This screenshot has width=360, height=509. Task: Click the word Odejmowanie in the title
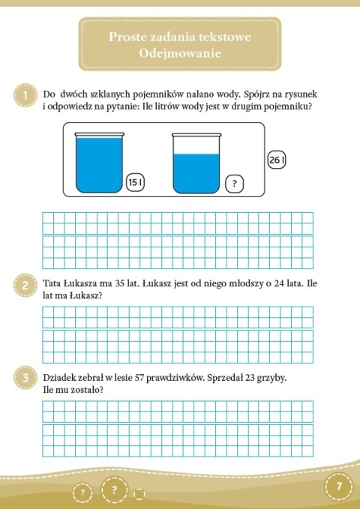coord(179,53)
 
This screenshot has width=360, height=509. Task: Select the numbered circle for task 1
coord(25,96)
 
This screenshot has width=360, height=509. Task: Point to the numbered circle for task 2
coord(25,286)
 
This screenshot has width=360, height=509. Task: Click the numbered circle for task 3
coord(25,379)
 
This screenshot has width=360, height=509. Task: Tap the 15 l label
coord(136,182)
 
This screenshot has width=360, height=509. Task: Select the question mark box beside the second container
coord(235,183)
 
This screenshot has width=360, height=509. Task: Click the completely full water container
coord(99,163)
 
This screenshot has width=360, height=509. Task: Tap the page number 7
coord(339,486)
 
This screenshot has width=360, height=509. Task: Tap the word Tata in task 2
coord(52,285)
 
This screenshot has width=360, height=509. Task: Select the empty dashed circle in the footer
coord(139,493)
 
